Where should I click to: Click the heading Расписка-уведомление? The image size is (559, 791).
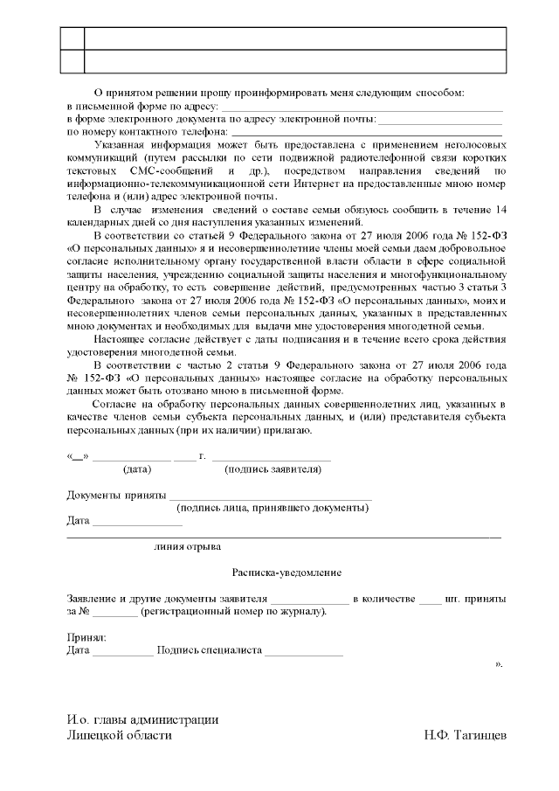point(286,572)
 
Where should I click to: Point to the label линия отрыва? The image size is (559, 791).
point(187,546)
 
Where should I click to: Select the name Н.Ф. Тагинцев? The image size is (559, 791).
point(464,735)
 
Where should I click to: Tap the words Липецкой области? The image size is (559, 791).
point(120,735)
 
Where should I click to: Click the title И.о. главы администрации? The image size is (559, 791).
point(142,719)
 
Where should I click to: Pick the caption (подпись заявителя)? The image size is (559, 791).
point(273,469)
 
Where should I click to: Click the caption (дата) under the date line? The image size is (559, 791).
point(138,469)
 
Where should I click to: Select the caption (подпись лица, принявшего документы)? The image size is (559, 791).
point(272,508)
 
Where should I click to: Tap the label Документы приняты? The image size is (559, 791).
point(117,496)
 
